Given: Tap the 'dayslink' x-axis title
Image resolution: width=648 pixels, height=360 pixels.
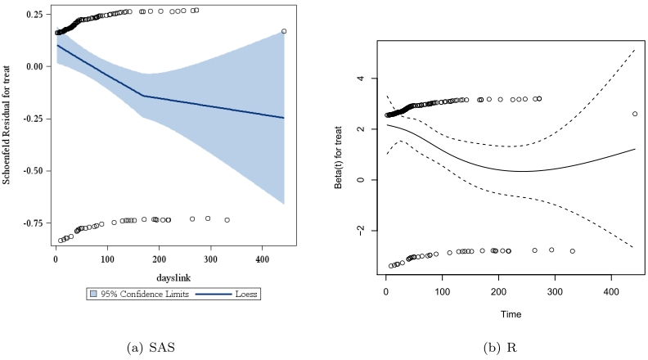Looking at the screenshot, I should (x=170, y=277).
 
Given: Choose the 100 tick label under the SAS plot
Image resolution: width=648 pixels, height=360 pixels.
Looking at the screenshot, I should (x=107, y=259).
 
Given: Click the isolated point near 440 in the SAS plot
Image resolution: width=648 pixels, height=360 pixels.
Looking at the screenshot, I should (x=284, y=31).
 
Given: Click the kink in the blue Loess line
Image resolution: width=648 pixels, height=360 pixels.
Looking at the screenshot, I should (x=142, y=96).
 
